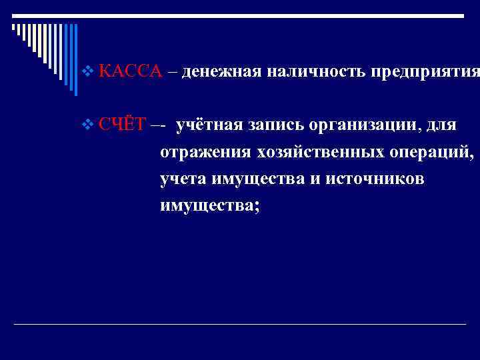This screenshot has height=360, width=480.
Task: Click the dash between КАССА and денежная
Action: [x=172, y=71]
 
